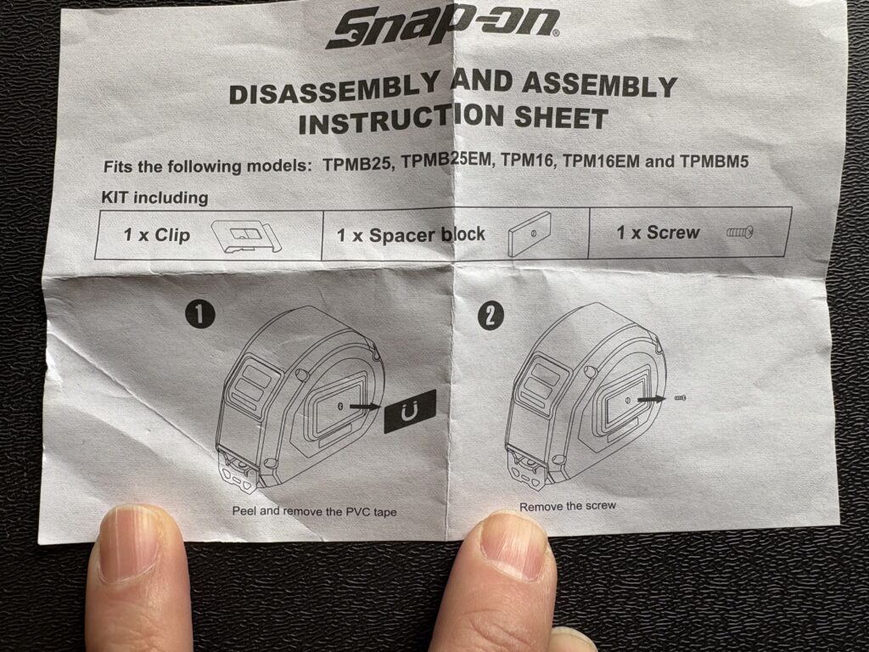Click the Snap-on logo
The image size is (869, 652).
click(442, 29)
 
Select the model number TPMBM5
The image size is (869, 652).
click(714, 161)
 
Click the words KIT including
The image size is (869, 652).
click(154, 197)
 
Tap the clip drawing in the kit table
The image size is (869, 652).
click(247, 237)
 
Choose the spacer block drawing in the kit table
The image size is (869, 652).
click(529, 234)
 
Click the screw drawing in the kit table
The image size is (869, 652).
click(739, 233)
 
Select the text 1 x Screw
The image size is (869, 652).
click(659, 233)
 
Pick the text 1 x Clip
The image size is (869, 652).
click(156, 235)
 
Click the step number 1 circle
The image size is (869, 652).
click(199, 315)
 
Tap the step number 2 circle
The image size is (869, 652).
click(491, 317)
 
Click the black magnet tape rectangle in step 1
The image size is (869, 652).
click(410, 411)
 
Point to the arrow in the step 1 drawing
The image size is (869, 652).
click(365, 407)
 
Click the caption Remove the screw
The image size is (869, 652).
click(568, 506)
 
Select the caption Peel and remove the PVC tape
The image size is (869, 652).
click(314, 511)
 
